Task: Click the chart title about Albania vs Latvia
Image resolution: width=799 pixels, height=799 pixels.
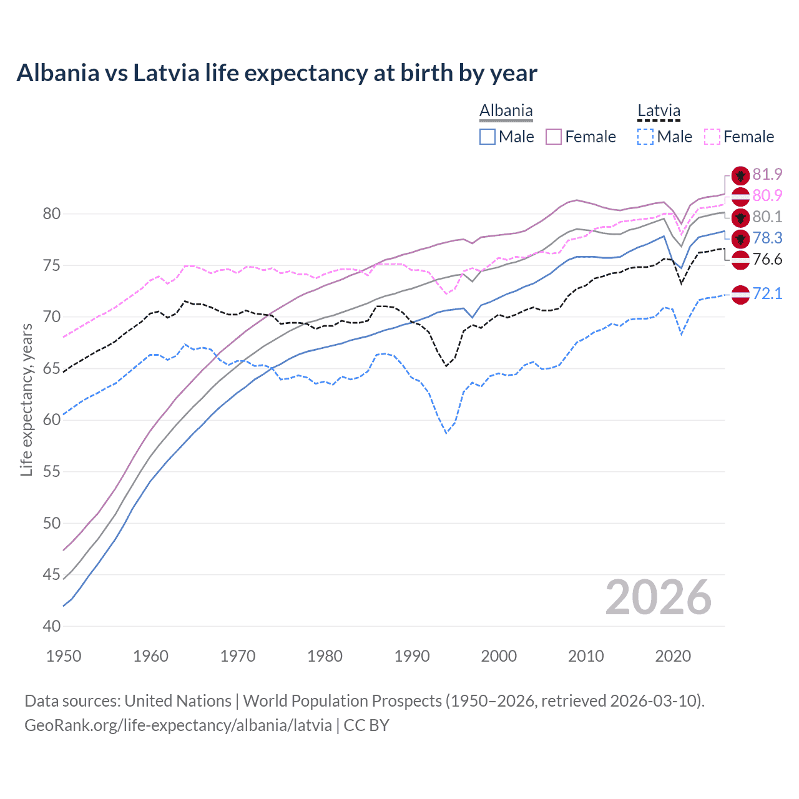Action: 277,73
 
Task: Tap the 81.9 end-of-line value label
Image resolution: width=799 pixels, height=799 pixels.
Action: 767,175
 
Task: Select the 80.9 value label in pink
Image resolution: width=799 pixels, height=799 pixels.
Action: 767,196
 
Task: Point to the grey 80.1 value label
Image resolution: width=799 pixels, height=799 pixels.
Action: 767,217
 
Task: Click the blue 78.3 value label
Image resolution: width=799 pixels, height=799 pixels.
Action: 767,238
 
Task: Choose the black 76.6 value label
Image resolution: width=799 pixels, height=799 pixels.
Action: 767,260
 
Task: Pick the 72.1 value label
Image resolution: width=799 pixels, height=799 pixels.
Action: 767,293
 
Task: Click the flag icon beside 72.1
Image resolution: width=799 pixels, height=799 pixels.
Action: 740,294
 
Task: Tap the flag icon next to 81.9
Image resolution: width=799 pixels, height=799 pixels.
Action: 740,175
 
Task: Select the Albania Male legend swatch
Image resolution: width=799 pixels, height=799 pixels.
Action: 488,137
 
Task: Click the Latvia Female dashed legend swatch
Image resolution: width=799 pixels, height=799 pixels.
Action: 712,137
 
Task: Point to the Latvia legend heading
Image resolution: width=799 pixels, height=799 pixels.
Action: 659,111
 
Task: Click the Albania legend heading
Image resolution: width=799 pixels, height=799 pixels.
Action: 506,111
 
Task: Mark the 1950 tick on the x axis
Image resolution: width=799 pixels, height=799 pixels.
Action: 64,656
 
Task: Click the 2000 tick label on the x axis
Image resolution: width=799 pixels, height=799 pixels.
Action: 499,656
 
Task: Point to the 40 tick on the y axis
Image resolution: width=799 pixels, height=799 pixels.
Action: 52,626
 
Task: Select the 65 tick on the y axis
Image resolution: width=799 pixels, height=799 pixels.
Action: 52,368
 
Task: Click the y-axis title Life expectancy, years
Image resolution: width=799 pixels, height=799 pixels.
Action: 27,400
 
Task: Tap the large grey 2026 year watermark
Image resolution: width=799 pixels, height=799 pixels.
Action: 658,597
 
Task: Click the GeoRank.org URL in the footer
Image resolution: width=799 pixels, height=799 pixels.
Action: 178,725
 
